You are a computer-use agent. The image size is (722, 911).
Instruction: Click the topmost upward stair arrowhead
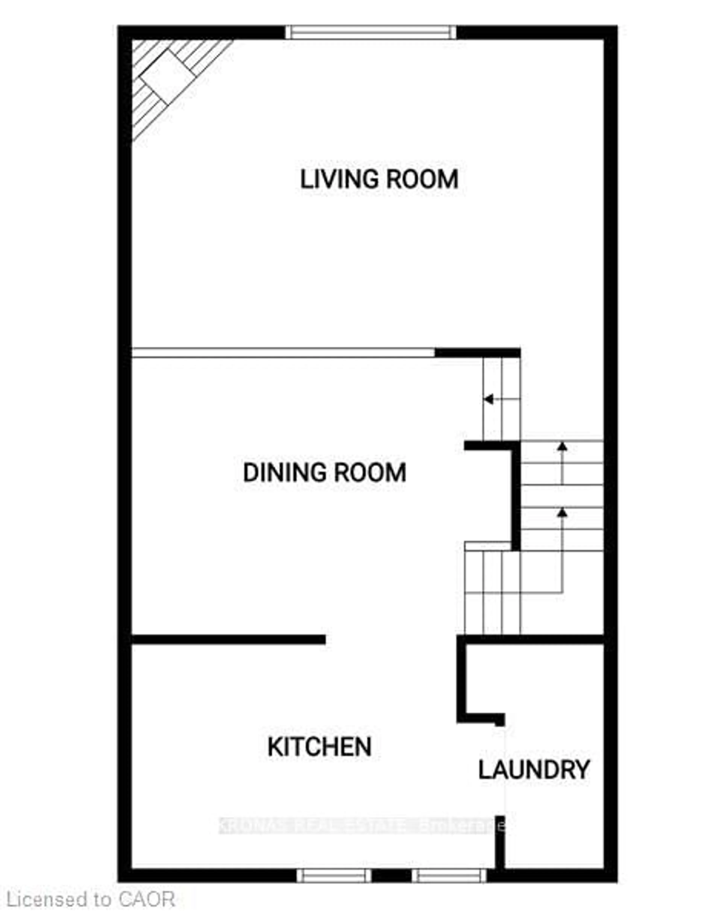click(x=562, y=446)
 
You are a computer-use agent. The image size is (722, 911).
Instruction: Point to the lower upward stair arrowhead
click(x=562, y=513)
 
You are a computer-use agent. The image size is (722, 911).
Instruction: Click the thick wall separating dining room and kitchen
click(x=228, y=639)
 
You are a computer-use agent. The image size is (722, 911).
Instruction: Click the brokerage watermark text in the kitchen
click(x=361, y=826)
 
